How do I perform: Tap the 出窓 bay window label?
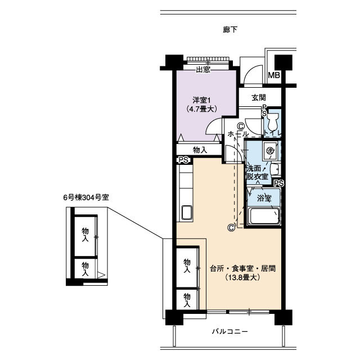coord(203,70)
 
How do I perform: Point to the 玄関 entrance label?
coord(259,97)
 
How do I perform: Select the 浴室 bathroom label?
coord(264,198)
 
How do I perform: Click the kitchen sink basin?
coord(186,214)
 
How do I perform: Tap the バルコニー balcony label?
coord(227,331)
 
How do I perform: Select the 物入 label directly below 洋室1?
coord(200,150)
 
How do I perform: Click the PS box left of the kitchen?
coord(183,160)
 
